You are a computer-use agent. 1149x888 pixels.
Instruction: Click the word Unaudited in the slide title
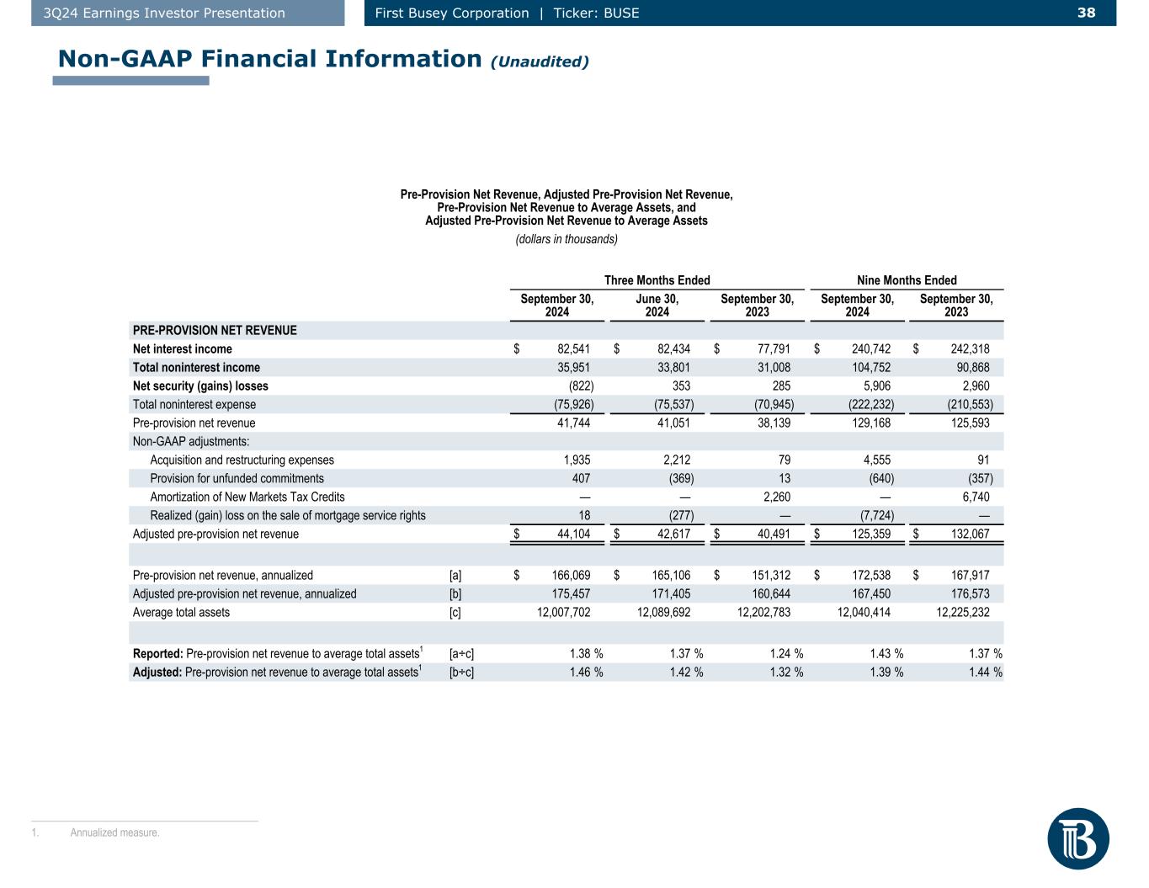(x=540, y=61)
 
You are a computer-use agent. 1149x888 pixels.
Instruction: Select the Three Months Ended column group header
(x=657, y=280)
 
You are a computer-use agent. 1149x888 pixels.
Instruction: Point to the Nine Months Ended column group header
(x=906, y=280)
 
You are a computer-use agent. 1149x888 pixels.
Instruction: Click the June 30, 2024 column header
(x=657, y=306)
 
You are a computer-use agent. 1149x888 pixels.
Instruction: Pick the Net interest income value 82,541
(x=573, y=349)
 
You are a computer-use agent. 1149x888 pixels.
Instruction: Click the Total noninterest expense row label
(x=194, y=405)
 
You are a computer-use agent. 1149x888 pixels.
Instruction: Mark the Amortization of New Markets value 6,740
(x=972, y=497)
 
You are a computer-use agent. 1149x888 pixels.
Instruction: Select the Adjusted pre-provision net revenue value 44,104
(x=573, y=534)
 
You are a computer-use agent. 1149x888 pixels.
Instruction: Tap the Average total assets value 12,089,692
(x=664, y=613)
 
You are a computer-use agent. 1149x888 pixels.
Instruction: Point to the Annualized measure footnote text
(x=114, y=833)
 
